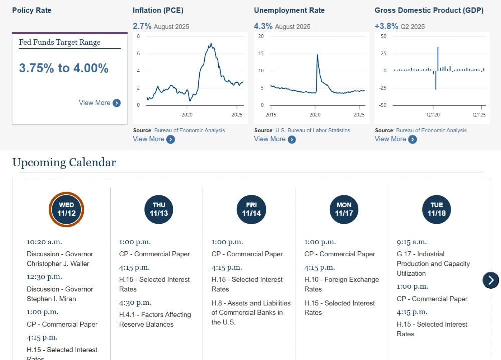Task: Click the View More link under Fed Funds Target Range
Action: click(x=99, y=103)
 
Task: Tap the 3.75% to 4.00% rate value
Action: click(x=64, y=68)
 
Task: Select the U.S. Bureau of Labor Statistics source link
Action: click(x=312, y=130)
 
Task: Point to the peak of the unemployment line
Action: click(x=317, y=55)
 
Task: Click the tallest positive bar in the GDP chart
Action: click(x=438, y=48)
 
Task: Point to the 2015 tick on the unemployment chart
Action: click(x=271, y=115)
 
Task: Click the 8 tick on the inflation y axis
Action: click(x=139, y=36)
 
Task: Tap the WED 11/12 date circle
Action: click(x=66, y=209)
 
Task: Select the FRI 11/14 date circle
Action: click(x=252, y=209)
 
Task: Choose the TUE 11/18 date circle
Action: click(x=437, y=209)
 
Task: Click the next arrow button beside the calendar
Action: click(x=491, y=280)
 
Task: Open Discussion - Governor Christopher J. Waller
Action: click(x=60, y=259)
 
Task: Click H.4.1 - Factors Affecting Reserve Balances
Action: click(x=155, y=319)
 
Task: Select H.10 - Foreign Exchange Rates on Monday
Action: click(x=341, y=284)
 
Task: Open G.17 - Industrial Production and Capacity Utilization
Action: click(x=433, y=264)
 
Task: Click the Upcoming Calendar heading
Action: click(x=64, y=162)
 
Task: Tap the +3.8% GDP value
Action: click(x=386, y=26)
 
